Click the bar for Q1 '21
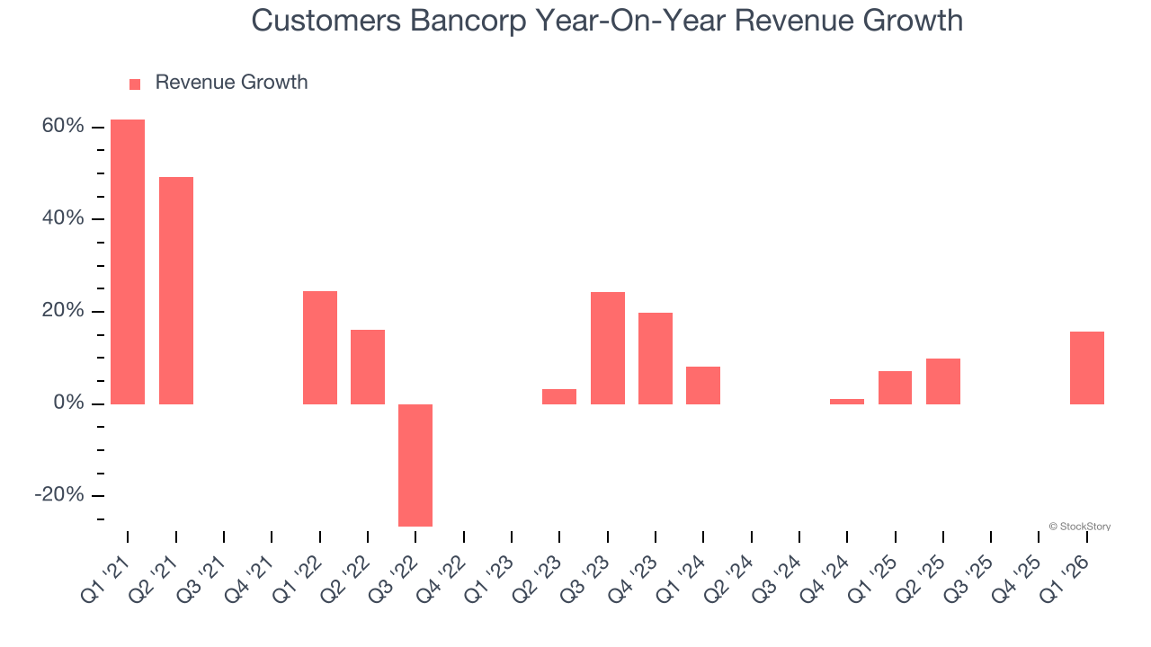pyautogui.click(x=128, y=261)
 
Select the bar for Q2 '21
pyautogui.click(x=176, y=290)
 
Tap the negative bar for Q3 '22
pyautogui.click(x=415, y=465)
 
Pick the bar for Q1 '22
pyautogui.click(x=320, y=347)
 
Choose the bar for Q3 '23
pyautogui.click(x=608, y=348)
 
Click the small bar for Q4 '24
pyautogui.click(x=847, y=401)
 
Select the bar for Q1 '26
pyautogui.click(x=1087, y=368)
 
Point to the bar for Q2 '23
pyautogui.click(x=559, y=396)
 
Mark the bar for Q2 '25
pyautogui.click(x=943, y=381)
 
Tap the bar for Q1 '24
pyautogui.click(x=703, y=385)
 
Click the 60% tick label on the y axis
pyautogui.click(x=63, y=127)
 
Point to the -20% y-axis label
pyautogui.click(x=59, y=496)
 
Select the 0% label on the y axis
pyautogui.click(x=68, y=403)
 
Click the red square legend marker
pyautogui.click(x=135, y=84)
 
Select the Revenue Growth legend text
pyautogui.click(x=231, y=83)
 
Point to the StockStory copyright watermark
pyautogui.click(x=1079, y=527)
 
